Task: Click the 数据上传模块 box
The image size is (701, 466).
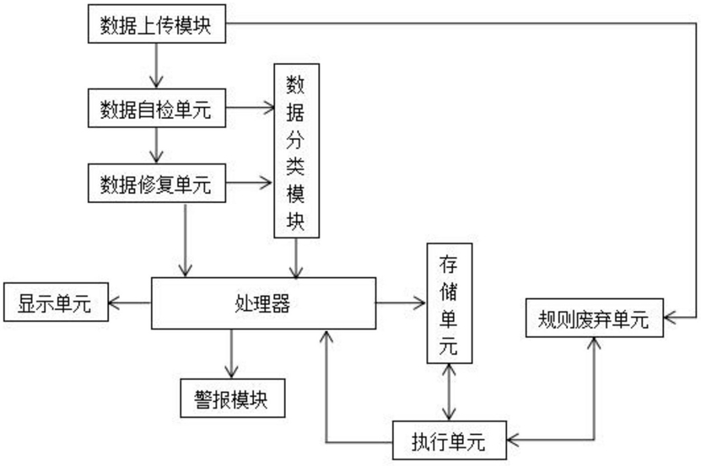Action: [x=157, y=24]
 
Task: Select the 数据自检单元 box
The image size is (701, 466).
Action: [x=157, y=108]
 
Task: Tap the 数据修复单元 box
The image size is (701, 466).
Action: [x=157, y=183]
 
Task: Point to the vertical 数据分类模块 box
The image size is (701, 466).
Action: [x=296, y=151]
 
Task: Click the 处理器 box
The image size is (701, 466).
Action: [x=263, y=303]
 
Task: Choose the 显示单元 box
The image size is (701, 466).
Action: [x=56, y=302]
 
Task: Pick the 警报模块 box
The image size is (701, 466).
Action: [x=233, y=398]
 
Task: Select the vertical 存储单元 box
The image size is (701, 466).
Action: [x=450, y=303]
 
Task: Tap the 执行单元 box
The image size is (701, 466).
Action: [x=450, y=440]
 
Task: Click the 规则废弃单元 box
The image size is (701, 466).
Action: [x=594, y=318]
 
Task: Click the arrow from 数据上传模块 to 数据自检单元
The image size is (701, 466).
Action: [x=156, y=66]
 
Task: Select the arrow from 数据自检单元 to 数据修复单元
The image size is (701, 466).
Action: [x=156, y=146]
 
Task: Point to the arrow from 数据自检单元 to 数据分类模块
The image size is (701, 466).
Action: [x=250, y=108]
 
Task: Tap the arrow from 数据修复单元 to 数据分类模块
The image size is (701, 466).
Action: [x=249, y=183]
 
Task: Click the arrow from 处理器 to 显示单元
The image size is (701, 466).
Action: [x=130, y=303]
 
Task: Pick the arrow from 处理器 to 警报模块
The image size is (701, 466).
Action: [x=231, y=354]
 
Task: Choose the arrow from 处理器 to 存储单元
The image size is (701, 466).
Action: [x=401, y=303]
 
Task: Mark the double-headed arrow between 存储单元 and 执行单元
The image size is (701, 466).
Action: [x=449, y=392]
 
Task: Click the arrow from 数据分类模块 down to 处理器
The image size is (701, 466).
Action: [x=296, y=258]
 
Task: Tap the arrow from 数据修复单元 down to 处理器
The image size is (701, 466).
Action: [x=185, y=240]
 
